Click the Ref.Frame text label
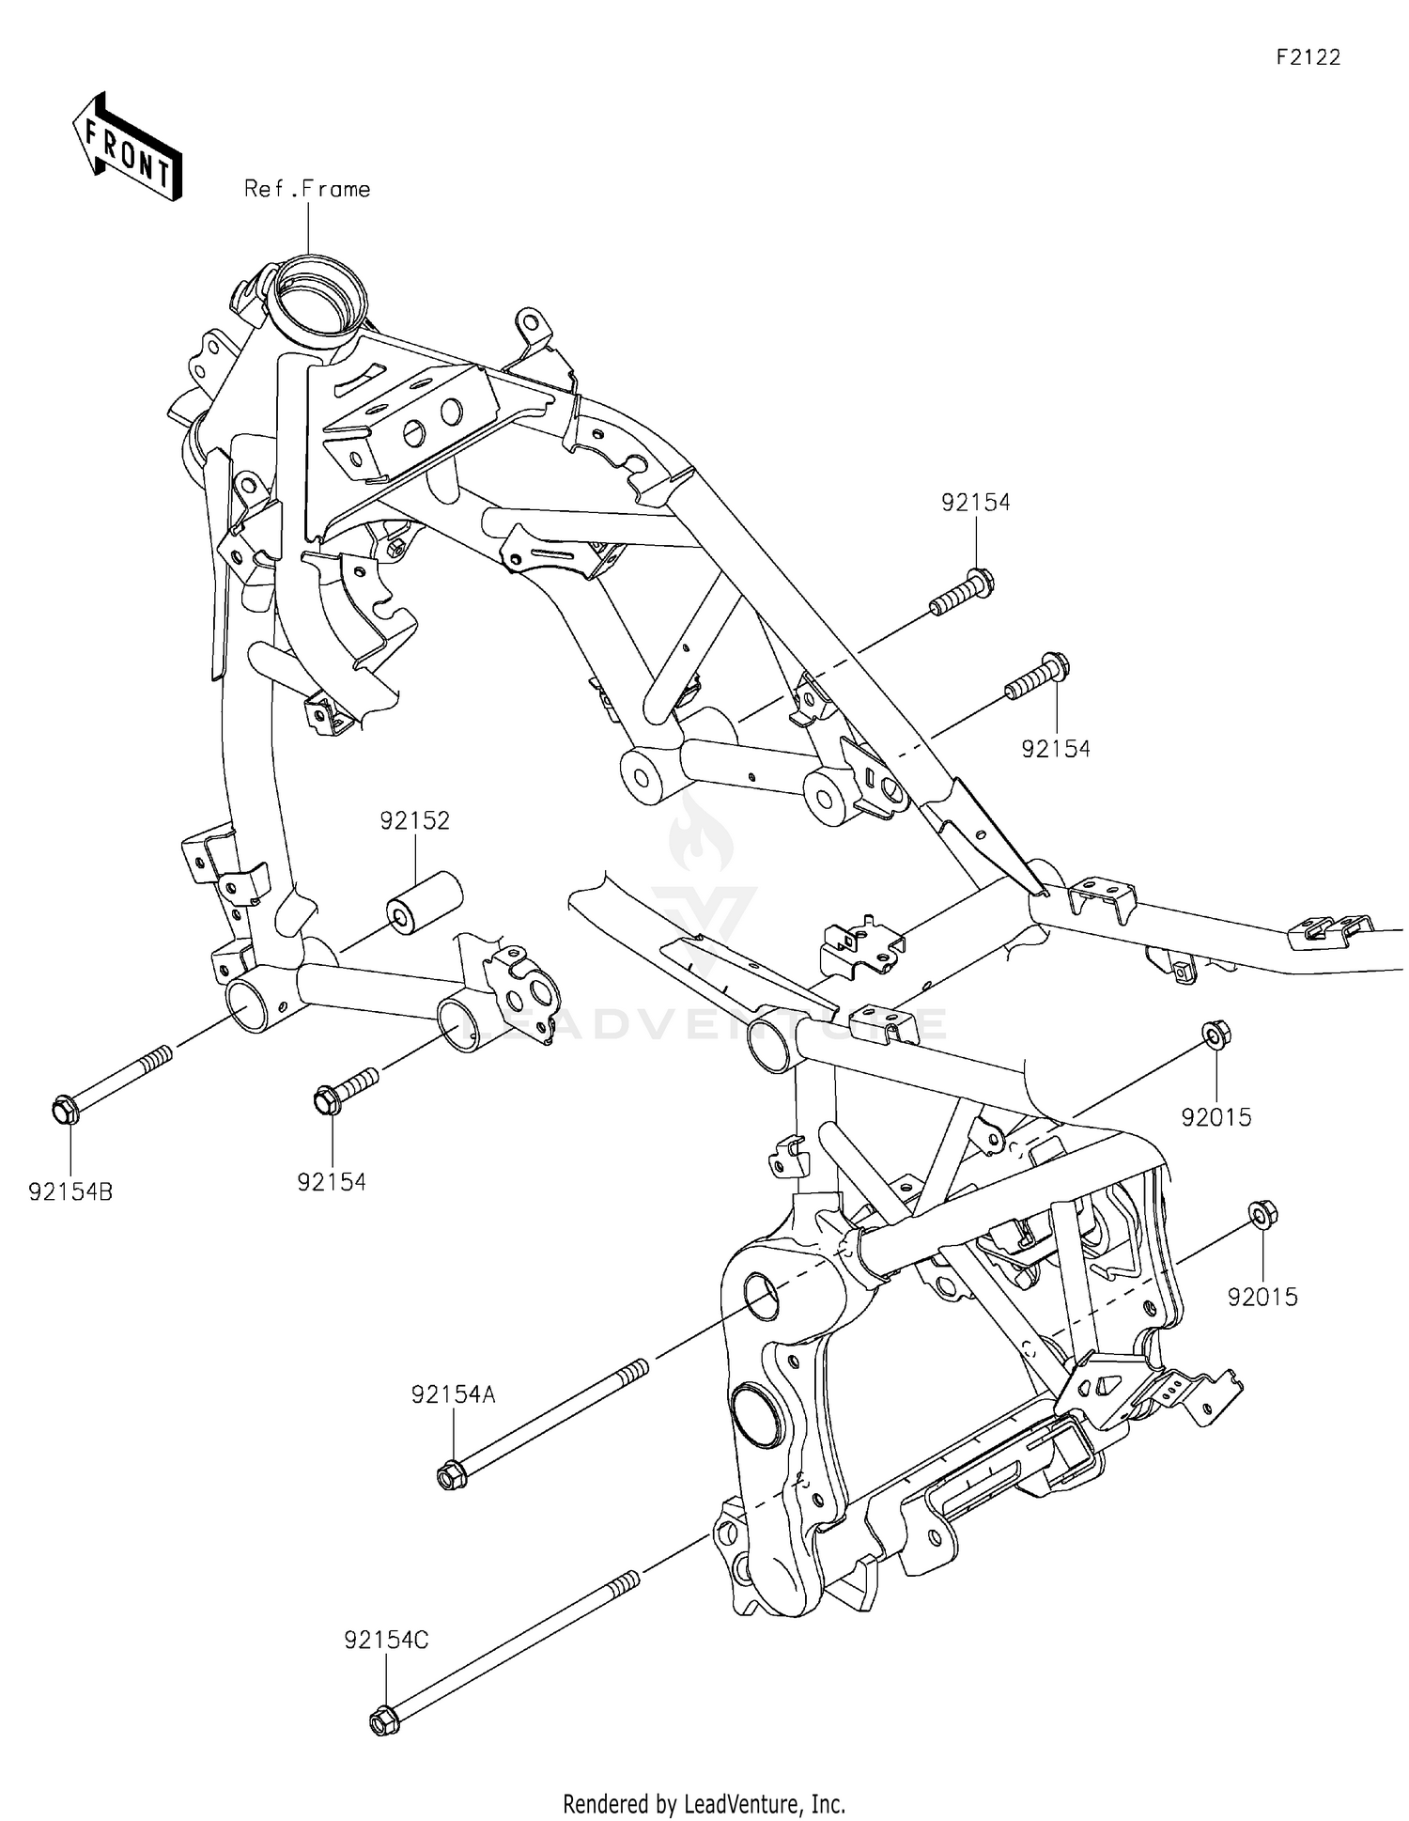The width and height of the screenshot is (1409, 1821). pos(307,189)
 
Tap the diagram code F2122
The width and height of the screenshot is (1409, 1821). pos(1308,57)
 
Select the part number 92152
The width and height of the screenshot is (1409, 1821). pos(414,820)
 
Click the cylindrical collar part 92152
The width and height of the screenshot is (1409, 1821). pos(424,903)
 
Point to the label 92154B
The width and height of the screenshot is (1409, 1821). pos(70,1192)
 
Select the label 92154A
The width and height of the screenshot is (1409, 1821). pos(453,1394)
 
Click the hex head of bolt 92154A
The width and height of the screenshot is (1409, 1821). pos(449,1475)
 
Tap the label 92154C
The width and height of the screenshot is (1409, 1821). pos(386,1641)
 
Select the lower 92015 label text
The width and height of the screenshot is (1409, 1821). pos(1262,1297)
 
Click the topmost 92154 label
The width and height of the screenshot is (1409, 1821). pos(976,503)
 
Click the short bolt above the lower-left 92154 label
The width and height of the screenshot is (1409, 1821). pos(346,1088)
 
